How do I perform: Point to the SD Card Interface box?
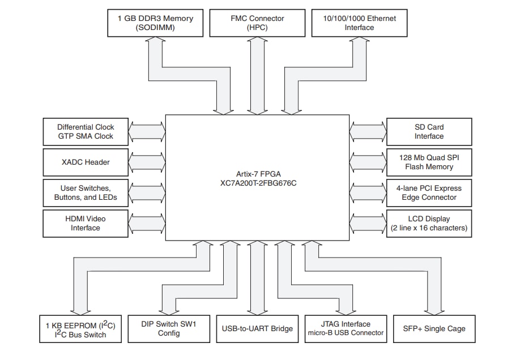(x=429, y=132)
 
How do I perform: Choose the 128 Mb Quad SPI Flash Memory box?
(x=429, y=162)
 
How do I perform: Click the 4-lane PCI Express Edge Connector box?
(x=429, y=193)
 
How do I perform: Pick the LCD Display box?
(x=429, y=224)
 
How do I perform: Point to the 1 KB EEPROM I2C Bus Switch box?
(x=82, y=329)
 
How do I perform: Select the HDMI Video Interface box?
(x=86, y=224)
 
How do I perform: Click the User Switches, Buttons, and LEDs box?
(x=86, y=193)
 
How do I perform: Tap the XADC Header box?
(x=86, y=162)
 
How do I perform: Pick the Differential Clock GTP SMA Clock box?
(x=86, y=132)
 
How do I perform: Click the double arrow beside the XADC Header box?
(x=147, y=162)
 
